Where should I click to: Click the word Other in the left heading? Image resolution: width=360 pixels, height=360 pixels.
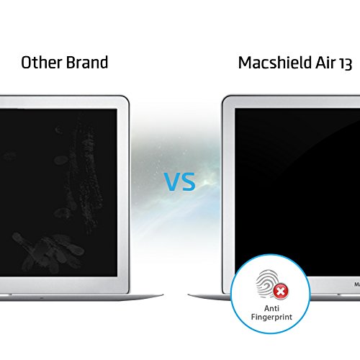pyautogui.click(x=40, y=63)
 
